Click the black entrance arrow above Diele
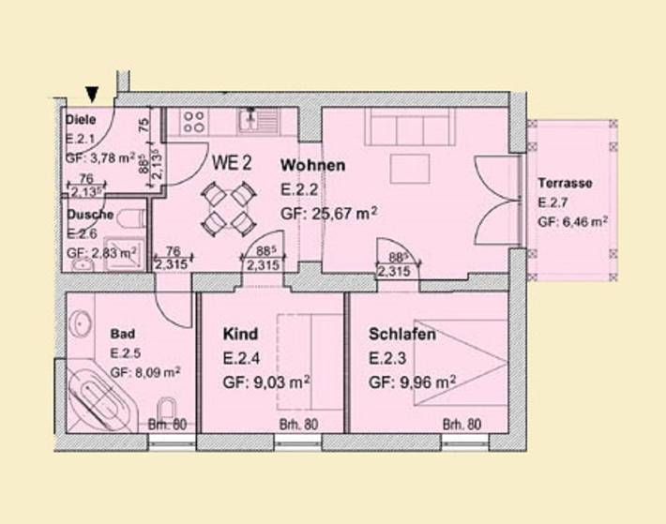[x=91, y=92]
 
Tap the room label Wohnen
[x=313, y=166]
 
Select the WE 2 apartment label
[x=232, y=162]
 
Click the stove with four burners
[x=194, y=120]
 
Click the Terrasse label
[x=565, y=184]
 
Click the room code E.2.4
[x=242, y=357]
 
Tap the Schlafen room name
[x=402, y=334]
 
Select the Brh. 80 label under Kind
[x=298, y=425]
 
